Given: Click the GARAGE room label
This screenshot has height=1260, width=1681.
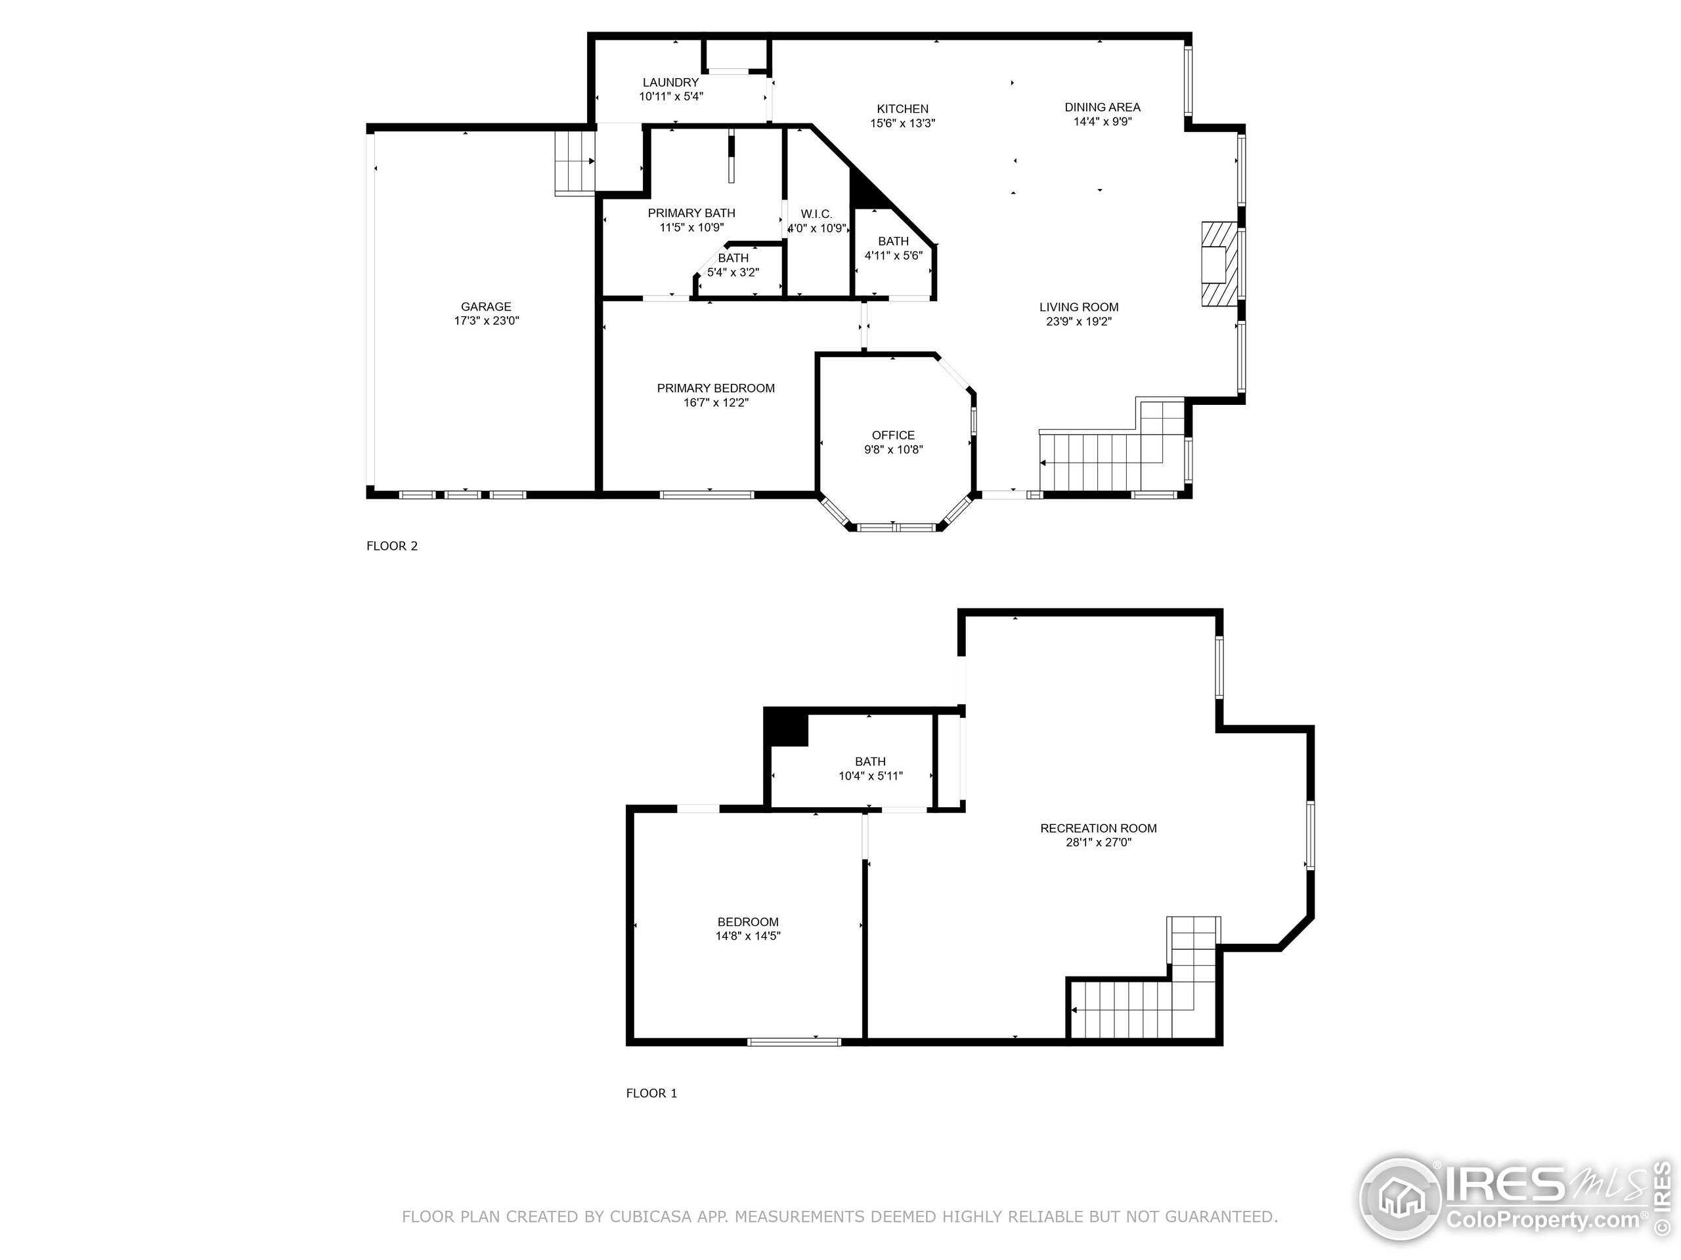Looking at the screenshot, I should tap(486, 307).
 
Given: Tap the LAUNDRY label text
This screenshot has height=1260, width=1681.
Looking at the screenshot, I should tap(670, 83).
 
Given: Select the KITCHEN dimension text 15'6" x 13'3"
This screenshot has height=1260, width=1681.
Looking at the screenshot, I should tap(902, 123).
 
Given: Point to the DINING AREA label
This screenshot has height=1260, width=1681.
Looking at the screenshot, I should tap(1102, 107).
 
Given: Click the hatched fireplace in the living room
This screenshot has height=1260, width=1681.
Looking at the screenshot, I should tap(1213, 264).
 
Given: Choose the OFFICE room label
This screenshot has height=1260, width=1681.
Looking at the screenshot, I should tap(893, 435).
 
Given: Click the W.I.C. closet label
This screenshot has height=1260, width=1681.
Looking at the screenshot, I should tap(816, 214).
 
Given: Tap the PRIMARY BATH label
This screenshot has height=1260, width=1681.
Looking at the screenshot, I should tap(691, 213).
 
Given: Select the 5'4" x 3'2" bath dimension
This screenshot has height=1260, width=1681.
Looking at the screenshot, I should tap(733, 272).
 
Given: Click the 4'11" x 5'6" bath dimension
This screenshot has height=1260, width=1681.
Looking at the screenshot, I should tap(893, 256).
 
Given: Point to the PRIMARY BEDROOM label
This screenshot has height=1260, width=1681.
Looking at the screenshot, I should tap(716, 388).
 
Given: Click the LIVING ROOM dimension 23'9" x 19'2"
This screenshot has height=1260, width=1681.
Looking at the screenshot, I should tap(1078, 322).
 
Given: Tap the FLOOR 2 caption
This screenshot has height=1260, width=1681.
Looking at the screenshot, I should tap(392, 546).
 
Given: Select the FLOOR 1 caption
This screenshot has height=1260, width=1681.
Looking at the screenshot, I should tap(651, 1093).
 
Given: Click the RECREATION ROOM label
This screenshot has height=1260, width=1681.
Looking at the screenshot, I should tap(1098, 828).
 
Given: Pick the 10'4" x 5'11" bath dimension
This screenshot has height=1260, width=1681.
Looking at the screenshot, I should tap(870, 776).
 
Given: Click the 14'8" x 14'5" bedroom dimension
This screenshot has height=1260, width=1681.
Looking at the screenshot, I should tap(748, 936).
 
